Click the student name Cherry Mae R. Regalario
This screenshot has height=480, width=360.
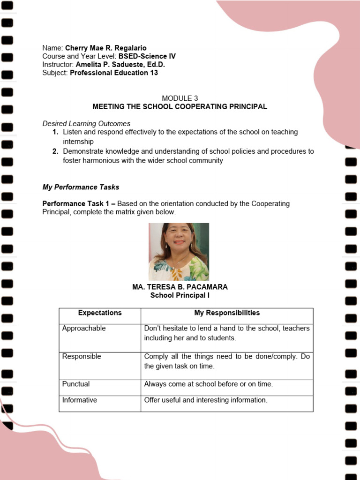pyautogui.click(x=105, y=48)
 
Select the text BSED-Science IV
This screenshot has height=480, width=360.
pyautogui.click(x=147, y=56)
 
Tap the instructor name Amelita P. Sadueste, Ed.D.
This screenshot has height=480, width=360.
pyautogui.click(x=120, y=65)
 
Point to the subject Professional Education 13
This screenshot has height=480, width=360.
pyautogui.click(x=114, y=73)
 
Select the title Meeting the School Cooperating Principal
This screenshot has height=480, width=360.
pyautogui.click(x=180, y=106)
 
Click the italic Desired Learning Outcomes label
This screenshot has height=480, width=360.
pyautogui.click(x=86, y=124)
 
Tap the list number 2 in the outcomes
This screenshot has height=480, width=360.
pyautogui.click(x=55, y=151)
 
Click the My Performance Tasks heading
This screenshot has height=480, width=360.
pyautogui.click(x=81, y=187)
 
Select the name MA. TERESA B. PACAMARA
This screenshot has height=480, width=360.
pyautogui.click(x=180, y=287)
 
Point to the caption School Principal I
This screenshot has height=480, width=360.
pyautogui.click(x=180, y=295)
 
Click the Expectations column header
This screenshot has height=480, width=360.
pyautogui.click(x=100, y=313)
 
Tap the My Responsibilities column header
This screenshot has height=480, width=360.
pyautogui.click(x=227, y=313)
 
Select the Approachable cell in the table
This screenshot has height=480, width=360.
pyautogui.click(x=84, y=329)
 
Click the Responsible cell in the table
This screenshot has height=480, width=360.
pyautogui.click(x=82, y=357)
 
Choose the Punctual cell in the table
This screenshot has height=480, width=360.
pyautogui.click(x=76, y=384)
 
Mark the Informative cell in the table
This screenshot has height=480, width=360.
pyautogui.click(x=80, y=400)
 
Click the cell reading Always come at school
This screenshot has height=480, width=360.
pyautogui.click(x=208, y=384)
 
